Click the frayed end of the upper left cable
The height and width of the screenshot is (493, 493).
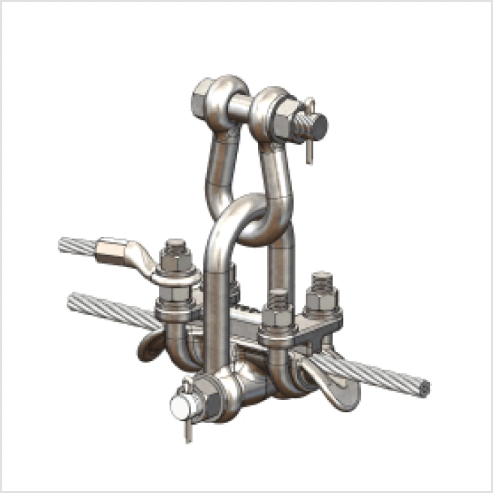point(65,245)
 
